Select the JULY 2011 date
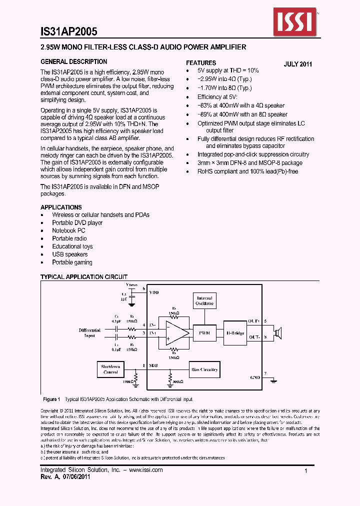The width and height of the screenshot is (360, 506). pyautogui.click(x=298, y=64)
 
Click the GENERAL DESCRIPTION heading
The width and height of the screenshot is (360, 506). pyautogui.click(x=73, y=62)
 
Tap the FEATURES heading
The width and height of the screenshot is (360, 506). pyautogui.click(x=201, y=63)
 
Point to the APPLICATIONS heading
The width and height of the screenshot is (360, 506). pyautogui.click(x=61, y=207)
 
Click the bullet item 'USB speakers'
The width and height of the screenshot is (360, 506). pyautogui.click(x=69, y=254)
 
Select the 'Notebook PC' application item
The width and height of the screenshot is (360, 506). pyautogui.click(x=68, y=230)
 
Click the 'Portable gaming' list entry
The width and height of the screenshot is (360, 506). pyautogui.click(x=72, y=262)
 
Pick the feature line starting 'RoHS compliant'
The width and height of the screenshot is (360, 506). pyautogui.click(x=247, y=171)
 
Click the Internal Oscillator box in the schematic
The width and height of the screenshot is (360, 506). pyautogui.click(x=204, y=300)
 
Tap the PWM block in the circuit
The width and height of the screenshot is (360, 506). pyautogui.click(x=204, y=332)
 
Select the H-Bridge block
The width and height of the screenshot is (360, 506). pyautogui.click(x=234, y=332)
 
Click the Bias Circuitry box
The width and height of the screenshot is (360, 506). pyautogui.click(x=204, y=370)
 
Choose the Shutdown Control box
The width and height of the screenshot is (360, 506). pyautogui.click(x=110, y=369)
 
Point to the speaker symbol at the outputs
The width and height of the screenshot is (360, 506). pyautogui.click(x=277, y=332)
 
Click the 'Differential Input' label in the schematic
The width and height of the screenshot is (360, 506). pyautogui.click(x=89, y=332)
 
